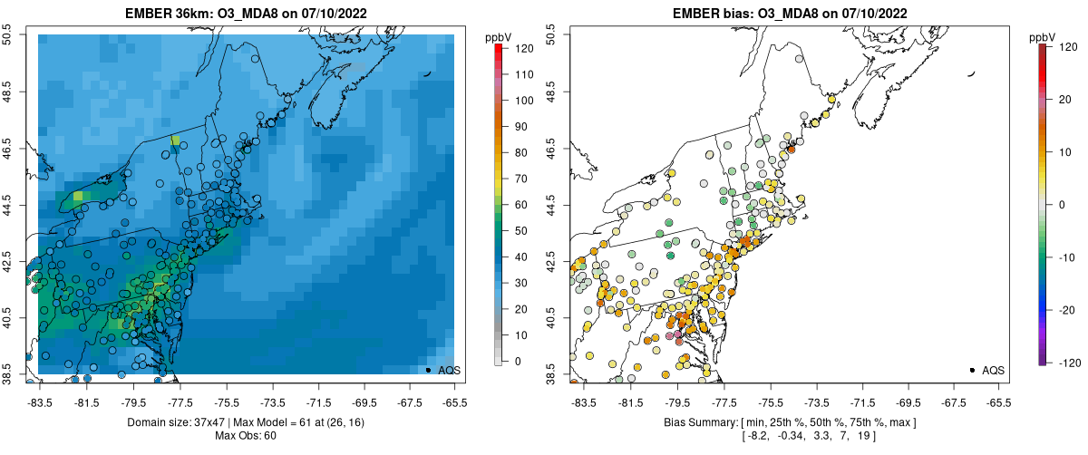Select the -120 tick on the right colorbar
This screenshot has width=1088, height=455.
[x=1065, y=363]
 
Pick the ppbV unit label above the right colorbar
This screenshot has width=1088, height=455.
[x=1043, y=37]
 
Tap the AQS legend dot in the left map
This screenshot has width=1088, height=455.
[x=428, y=370]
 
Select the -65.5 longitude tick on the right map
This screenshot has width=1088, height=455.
[x=998, y=402]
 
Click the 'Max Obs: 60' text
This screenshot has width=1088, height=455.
[x=246, y=436]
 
